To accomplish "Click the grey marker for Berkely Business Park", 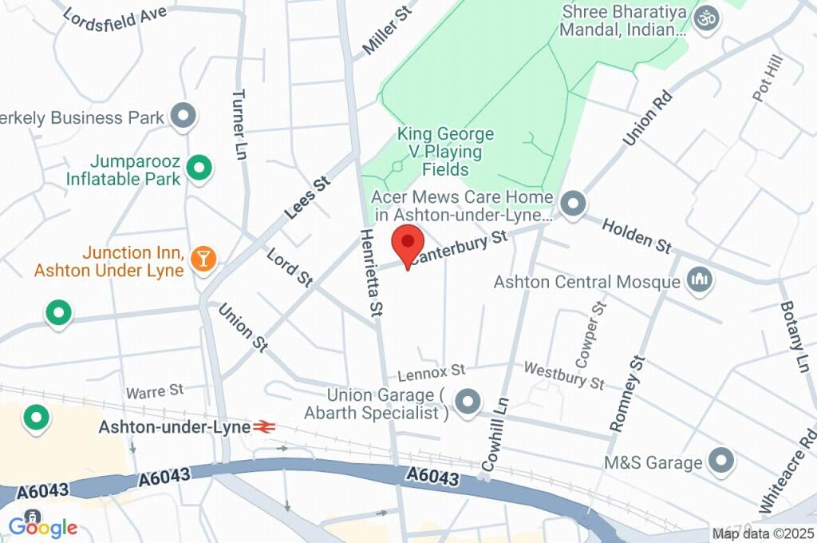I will pyautogui.click(x=184, y=117).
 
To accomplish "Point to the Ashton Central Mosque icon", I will pyautogui.click(x=700, y=280).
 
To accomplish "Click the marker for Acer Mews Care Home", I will pyautogui.click(x=572, y=204).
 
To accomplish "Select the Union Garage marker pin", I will pyautogui.click(x=468, y=402).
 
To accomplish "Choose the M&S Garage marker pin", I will pyautogui.click(x=722, y=461).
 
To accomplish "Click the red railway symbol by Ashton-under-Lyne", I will pyautogui.click(x=264, y=427).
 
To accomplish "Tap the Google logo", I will pyautogui.click(x=43, y=527).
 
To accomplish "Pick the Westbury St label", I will pyautogui.click(x=563, y=375).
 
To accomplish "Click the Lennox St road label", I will pyautogui.click(x=432, y=371).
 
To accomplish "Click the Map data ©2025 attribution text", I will pyautogui.click(x=763, y=533).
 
